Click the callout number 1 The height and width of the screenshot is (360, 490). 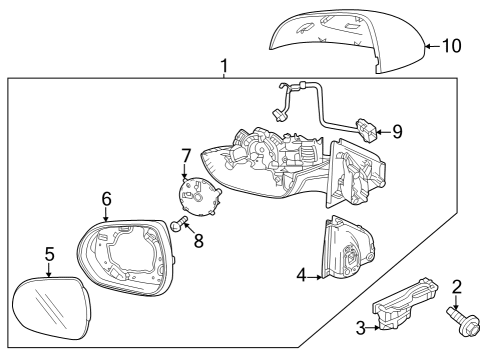[x=224, y=67]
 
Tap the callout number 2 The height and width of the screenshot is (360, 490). [x=457, y=288]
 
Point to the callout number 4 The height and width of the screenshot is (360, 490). [x=302, y=274]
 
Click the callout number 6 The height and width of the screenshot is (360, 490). [x=106, y=198]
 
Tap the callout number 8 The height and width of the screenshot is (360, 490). [x=198, y=240]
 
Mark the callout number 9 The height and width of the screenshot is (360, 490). [x=398, y=130]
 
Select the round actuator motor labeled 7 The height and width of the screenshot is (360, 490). [x=197, y=195]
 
